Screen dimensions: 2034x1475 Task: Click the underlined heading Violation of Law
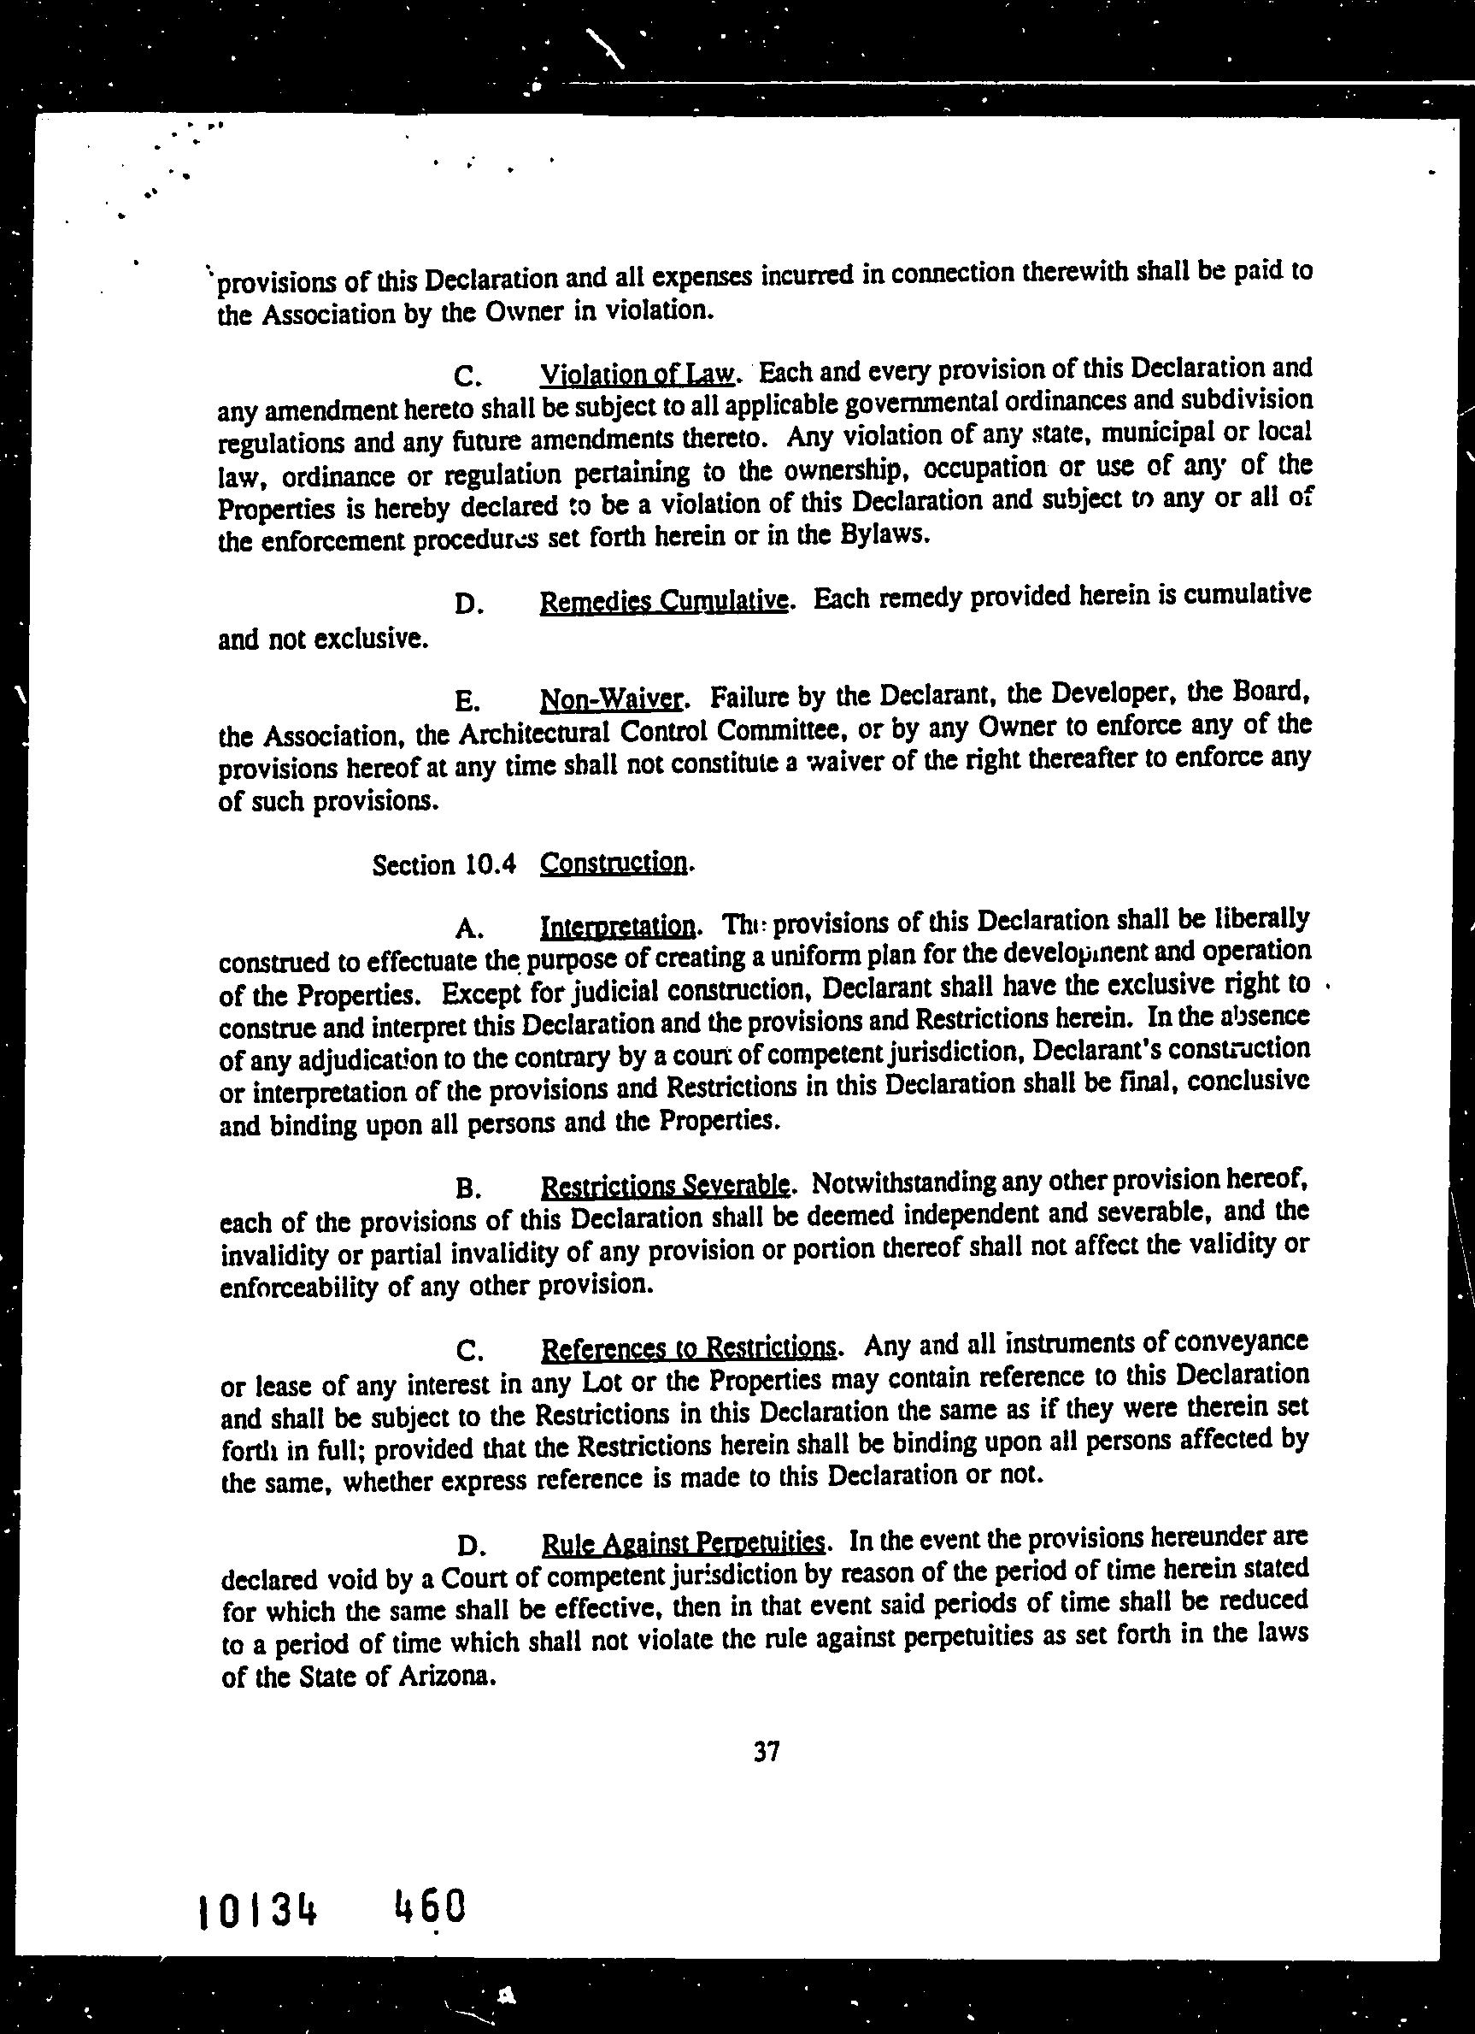[637, 371]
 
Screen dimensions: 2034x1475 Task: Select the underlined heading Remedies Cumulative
[664, 600]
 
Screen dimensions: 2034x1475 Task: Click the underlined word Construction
[614, 863]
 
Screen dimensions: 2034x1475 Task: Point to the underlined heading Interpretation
[617, 924]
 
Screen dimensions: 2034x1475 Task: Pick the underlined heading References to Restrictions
[689, 1348]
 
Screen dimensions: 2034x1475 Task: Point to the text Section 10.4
[444, 865]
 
